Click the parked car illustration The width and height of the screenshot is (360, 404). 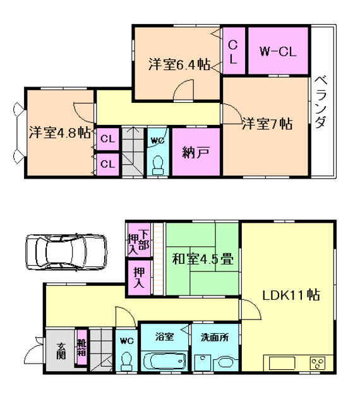click(x=66, y=252)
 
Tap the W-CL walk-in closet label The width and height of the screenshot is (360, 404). click(x=278, y=52)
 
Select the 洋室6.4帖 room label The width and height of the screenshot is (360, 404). click(x=179, y=64)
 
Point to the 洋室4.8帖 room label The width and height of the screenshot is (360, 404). click(x=60, y=133)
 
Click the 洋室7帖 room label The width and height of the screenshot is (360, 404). click(x=267, y=124)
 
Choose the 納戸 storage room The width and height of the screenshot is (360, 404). click(x=196, y=152)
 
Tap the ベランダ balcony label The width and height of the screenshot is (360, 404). click(x=321, y=102)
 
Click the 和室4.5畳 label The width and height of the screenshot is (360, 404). click(x=203, y=259)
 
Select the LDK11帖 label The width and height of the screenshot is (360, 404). click(x=291, y=295)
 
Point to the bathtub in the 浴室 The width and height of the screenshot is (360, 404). click(x=165, y=362)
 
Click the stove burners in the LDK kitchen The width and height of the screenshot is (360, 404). click(x=318, y=364)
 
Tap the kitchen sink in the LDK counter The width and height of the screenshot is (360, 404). click(x=282, y=364)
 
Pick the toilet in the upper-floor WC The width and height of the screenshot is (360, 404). click(x=157, y=165)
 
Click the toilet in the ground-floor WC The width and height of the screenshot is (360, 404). click(x=126, y=360)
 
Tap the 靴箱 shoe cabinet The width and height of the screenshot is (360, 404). click(x=81, y=347)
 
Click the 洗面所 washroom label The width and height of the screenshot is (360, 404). click(x=215, y=337)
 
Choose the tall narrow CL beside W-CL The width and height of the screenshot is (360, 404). click(x=234, y=50)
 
